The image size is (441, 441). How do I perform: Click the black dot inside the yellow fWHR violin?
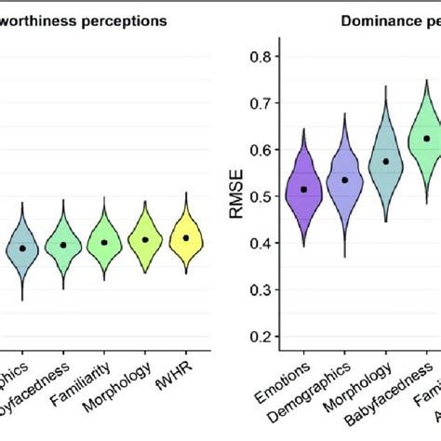(x=186, y=237)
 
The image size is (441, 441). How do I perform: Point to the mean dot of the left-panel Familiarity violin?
(x=104, y=242)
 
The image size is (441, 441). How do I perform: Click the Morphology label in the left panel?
(x=129, y=382)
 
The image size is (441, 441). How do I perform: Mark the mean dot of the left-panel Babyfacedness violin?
(x=63, y=245)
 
